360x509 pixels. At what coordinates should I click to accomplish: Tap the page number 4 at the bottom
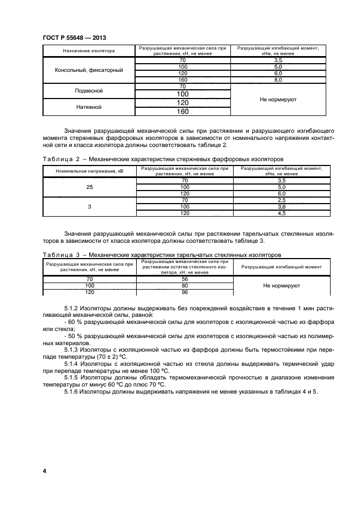(x=44, y=470)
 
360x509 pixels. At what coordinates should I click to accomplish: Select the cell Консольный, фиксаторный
(x=89, y=70)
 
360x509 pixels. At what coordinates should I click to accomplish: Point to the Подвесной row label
(x=89, y=91)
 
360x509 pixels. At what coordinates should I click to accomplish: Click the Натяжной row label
(x=89, y=107)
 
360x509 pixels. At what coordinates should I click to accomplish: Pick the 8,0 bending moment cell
(x=278, y=80)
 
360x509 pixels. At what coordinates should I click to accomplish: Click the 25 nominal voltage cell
(x=89, y=187)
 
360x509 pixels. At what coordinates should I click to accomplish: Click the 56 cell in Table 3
(x=185, y=278)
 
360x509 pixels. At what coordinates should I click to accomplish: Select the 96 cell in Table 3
(x=185, y=292)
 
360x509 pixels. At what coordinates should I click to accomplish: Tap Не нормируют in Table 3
(x=282, y=285)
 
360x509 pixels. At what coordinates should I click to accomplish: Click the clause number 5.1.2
(x=72, y=308)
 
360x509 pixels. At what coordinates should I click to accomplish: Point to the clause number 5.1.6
(x=72, y=393)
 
